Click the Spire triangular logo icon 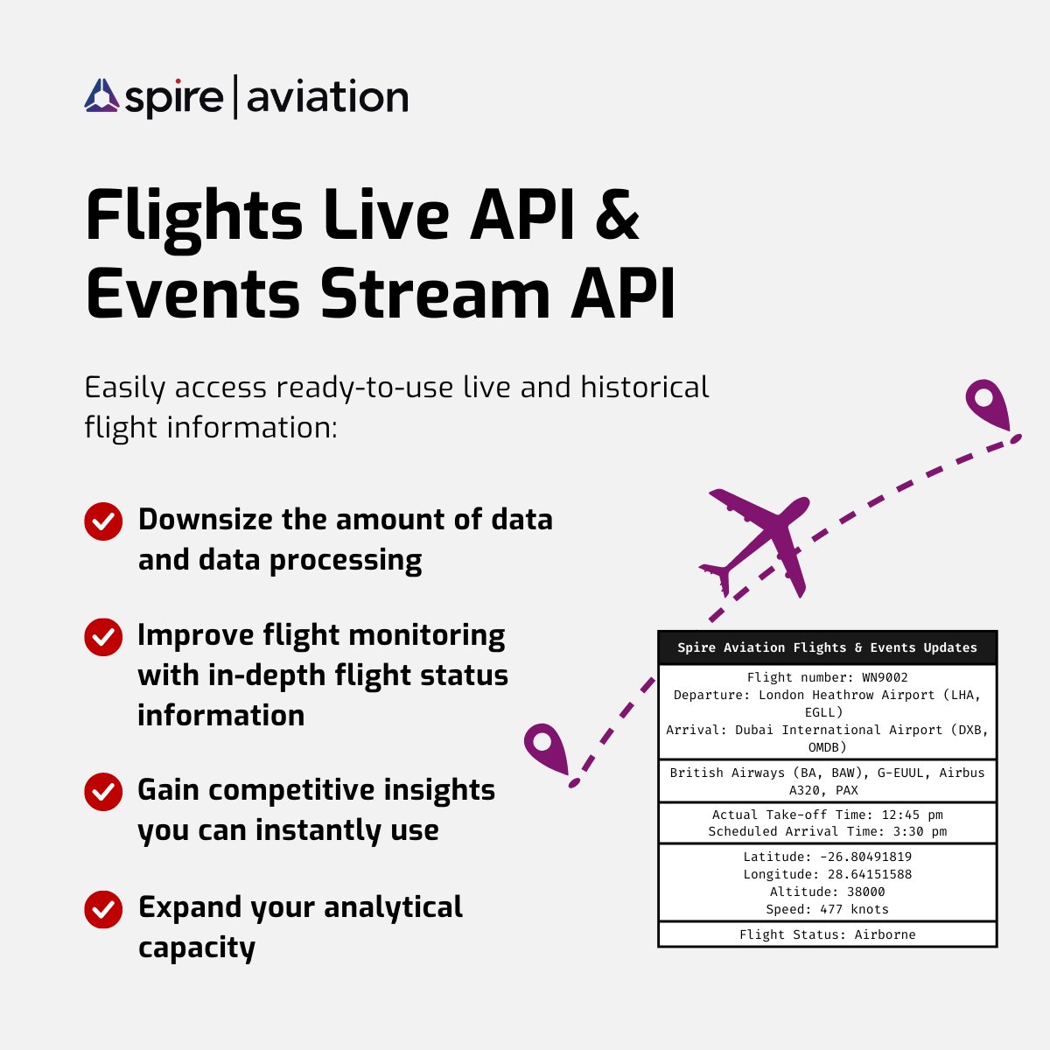[x=101, y=96]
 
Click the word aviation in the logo [x=327, y=96]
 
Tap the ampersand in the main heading [x=617, y=214]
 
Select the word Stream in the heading [x=435, y=293]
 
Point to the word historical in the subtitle [x=645, y=388]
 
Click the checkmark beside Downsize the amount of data [x=103, y=521]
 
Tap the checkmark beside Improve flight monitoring [x=103, y=637]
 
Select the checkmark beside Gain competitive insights [x=103, y=792]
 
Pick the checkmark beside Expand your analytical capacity [x=103, y=909]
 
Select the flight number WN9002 [x=885, y=677]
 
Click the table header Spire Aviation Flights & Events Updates [x=827, y=647]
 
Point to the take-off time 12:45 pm [x=912, y=815]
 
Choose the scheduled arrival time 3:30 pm [x=920, y=831]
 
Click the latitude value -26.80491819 [x=865, y=857]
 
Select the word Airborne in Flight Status [x=885, y=935]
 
